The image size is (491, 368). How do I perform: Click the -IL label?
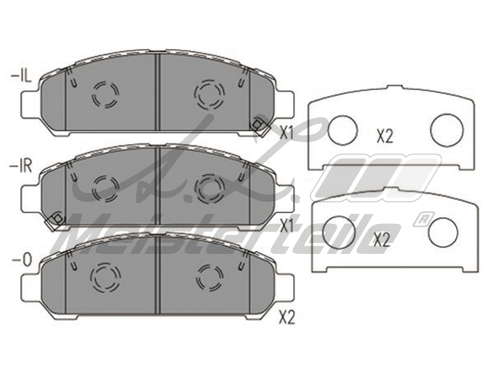click(x=21, y=77)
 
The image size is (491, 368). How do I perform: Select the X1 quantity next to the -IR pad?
click(x=287, y=226)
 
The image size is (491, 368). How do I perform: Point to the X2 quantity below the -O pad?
click(x=287, y=318)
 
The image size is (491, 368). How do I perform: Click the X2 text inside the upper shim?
click(x=384, y=137)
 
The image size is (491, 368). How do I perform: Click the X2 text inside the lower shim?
click(x=381, y=240)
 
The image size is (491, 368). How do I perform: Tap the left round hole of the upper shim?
click(x=342, y=129)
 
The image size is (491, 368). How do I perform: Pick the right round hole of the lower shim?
click(x=443, y=231)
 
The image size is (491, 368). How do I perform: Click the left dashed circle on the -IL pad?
click(x=105, y=94)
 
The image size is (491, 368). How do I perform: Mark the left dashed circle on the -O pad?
click(x=105, y=277)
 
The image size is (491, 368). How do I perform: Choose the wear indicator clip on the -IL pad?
click(x=258, y=125)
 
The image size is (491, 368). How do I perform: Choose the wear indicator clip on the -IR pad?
click(x=57, y=218)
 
